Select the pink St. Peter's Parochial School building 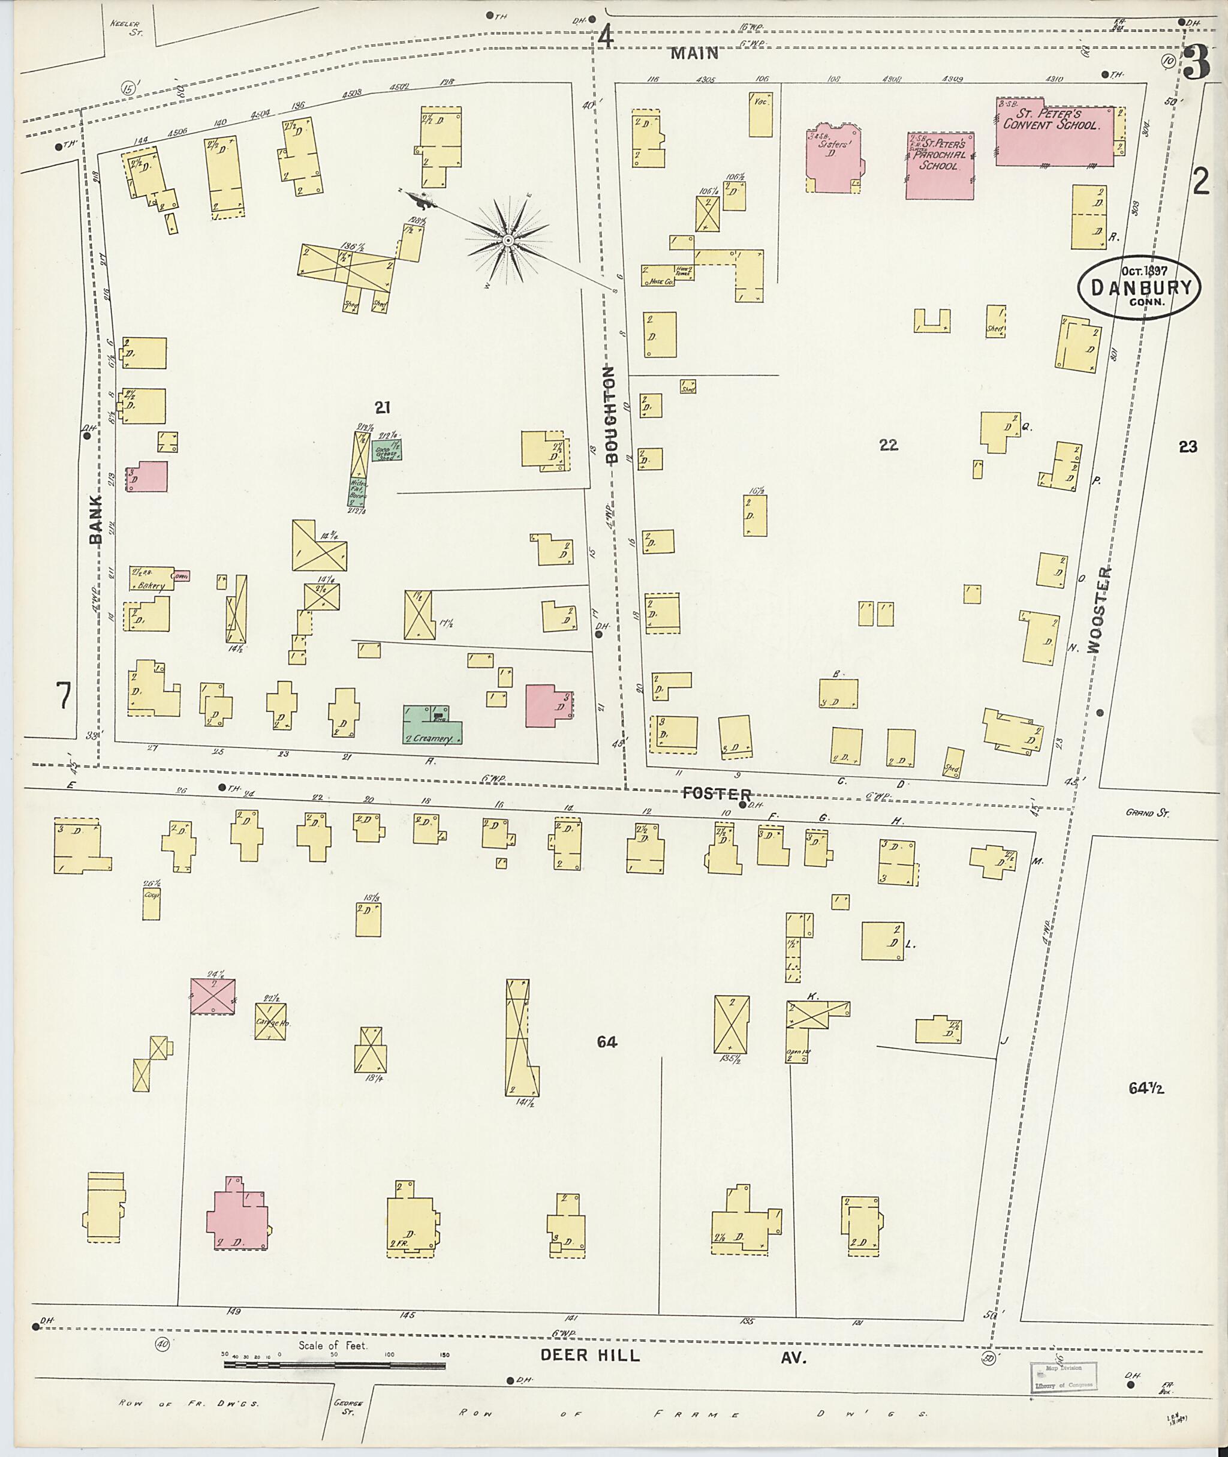939,166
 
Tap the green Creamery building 432,725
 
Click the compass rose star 508,241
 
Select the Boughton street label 611,414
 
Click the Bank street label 95,519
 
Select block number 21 382,407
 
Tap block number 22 888,444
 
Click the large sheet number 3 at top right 1195,64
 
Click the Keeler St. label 126,27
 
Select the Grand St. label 1145,812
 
